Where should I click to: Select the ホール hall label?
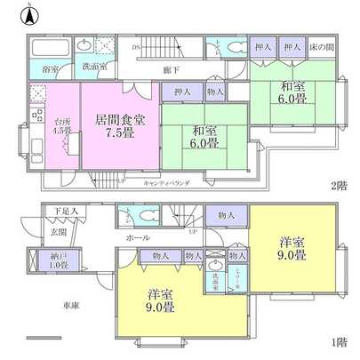pos(139,238)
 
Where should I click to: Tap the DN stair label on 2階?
pos(137,46)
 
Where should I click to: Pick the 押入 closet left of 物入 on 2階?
pos(182,91)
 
